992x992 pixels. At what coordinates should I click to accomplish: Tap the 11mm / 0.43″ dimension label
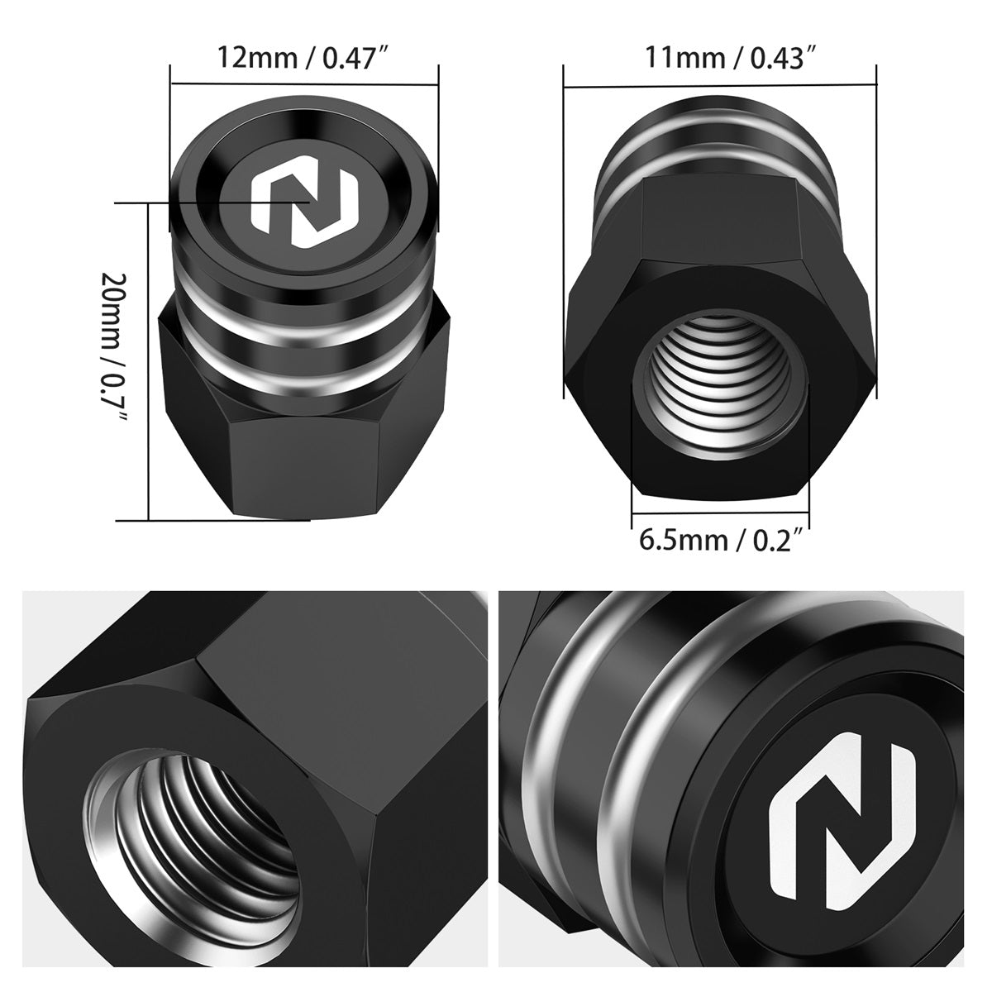[731, 58]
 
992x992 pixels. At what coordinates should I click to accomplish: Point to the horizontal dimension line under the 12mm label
[304, 84]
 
